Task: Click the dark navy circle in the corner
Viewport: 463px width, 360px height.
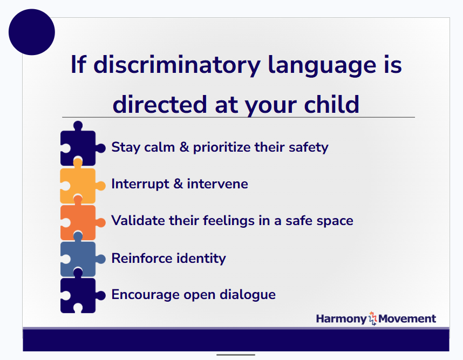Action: click(32, 32)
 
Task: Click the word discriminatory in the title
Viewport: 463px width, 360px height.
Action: click(177, 65)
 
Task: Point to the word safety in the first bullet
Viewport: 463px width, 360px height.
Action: click(307, 147)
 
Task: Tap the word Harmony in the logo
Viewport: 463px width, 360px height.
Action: click(341, 318)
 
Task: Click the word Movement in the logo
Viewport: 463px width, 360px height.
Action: click(407, 318)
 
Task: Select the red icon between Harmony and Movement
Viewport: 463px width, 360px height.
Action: click(372, 318)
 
